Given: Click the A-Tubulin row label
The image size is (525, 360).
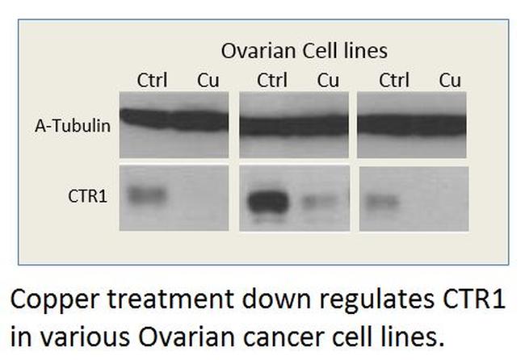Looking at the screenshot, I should pos(72,125).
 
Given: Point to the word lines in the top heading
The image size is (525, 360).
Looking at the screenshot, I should pos(366,51).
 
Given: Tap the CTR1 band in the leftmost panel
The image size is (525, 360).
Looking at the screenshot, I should pos(146,195).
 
